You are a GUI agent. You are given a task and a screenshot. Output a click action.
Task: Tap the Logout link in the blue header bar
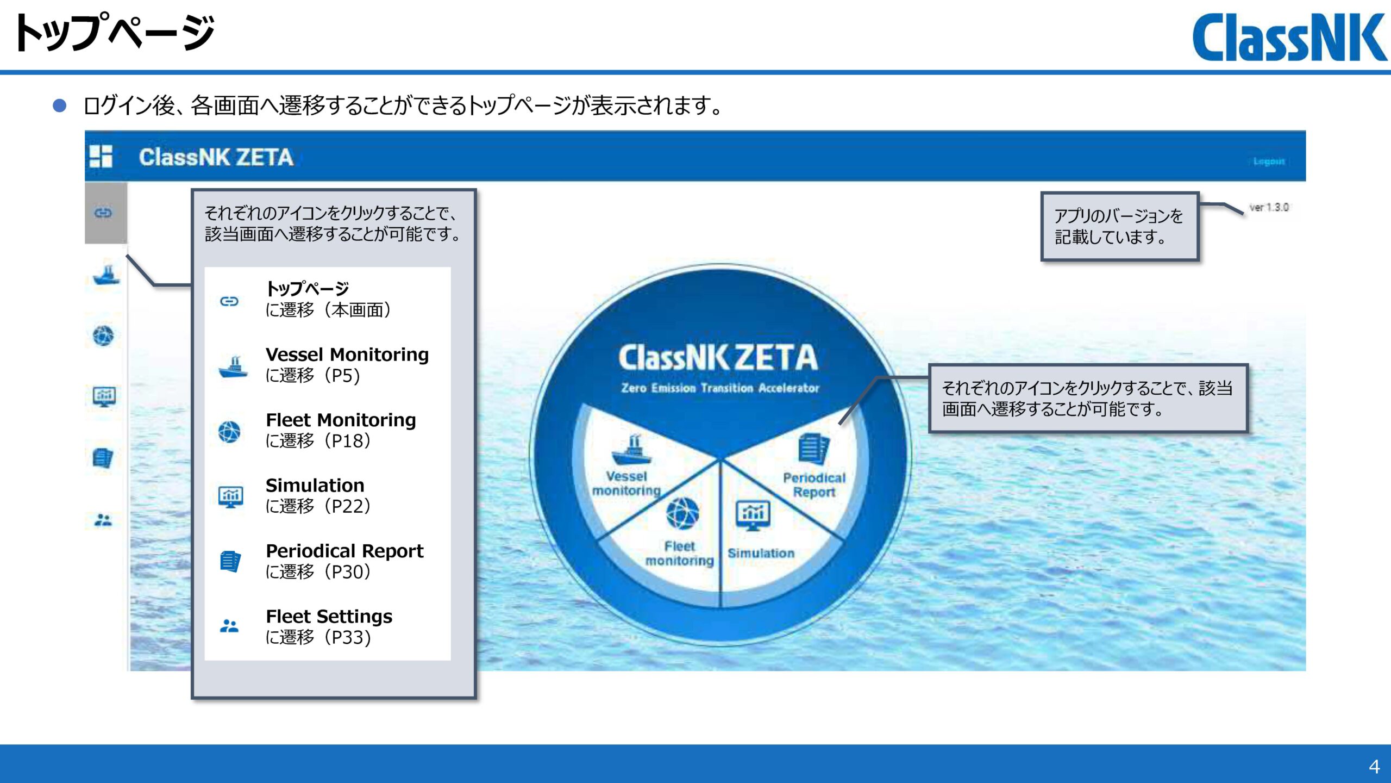click(1269, 161)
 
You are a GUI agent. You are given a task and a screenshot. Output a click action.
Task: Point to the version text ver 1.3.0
click(1269, 207)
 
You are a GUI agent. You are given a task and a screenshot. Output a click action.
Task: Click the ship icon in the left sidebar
click(106, 275)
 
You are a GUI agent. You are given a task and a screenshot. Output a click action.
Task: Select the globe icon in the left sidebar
click(103, 335)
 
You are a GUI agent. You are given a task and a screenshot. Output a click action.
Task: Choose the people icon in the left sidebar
click(103, 520)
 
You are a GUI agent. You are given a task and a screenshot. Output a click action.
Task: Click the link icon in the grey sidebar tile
click(103, 213)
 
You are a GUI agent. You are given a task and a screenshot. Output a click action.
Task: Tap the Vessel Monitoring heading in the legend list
click(347, 355)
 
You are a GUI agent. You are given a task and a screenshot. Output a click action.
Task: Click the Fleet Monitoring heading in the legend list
click(341, 420)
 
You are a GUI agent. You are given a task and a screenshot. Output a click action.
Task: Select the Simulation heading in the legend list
click(315, 485)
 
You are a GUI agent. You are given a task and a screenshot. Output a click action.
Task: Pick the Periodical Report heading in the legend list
click(344, 551)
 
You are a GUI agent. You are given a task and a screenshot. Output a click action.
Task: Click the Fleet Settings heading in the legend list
click(329, 616)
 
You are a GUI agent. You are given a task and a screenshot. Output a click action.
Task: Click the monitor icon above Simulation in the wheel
click(753, 514)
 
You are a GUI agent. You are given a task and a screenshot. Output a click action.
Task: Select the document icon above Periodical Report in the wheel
click(813, 449)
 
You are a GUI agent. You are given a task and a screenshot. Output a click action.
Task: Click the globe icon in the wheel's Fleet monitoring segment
click(682, 513)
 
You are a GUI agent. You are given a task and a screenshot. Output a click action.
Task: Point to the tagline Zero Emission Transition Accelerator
click(720, 388)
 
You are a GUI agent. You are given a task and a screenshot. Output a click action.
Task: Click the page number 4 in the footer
click(1374, 767)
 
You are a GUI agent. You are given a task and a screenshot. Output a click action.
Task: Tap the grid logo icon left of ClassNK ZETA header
click(101, 156)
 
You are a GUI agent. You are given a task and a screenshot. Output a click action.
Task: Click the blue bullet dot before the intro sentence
click(59, 105)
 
